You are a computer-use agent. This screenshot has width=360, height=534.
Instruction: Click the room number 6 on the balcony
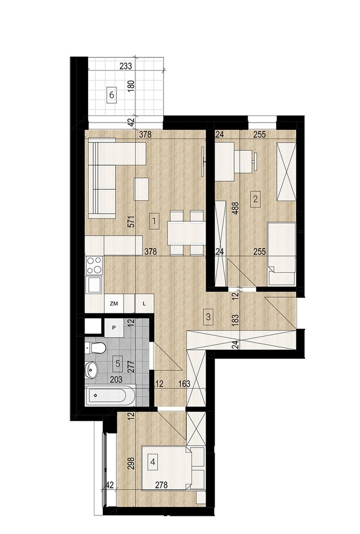(x=111, y=95)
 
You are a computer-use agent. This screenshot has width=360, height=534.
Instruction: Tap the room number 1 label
(x=154, y=221)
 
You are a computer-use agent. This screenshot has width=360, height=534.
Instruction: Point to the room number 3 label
(x=209, y=317)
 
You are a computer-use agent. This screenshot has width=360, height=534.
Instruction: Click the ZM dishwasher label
(x=114, y=303)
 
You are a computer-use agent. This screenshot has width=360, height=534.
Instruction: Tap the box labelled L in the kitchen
(x=145, y=303)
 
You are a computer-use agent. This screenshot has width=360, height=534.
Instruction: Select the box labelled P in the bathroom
(x=114, y=327)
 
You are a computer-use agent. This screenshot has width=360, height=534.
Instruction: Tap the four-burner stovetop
(x=94, y=265)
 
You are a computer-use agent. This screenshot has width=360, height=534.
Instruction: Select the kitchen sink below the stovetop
(x=94, y=284)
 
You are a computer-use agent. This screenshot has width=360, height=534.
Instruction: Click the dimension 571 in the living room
(x=133, y=222)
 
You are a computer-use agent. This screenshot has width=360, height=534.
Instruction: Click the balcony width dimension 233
(x=126, y=66)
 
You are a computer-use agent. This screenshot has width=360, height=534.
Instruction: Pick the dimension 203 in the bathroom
(x=116, y=380)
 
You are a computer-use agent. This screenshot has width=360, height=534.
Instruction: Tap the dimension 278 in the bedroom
(x=161, y=484)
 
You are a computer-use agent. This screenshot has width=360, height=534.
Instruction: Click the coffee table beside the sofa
(x=142, y=189)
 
